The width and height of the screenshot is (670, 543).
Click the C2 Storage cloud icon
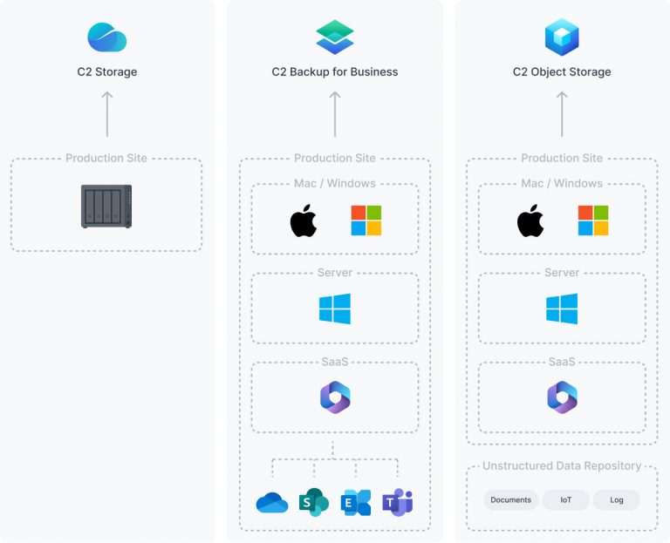pos(107,37)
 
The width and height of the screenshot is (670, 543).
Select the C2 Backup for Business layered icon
pos(335,37)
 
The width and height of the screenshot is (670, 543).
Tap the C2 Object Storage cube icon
pos(562,37)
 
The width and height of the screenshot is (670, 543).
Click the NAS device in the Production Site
pos(106,207)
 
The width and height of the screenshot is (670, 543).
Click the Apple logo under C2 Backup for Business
pos(304,221)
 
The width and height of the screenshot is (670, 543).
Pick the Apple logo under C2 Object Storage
pos(530,221)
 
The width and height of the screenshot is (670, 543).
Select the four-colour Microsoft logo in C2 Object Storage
pos(593,221)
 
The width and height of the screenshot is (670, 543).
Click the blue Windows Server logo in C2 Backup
pos(335,309)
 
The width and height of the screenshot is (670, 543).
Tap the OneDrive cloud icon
pos(272,503)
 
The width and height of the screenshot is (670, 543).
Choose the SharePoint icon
pos(313,503)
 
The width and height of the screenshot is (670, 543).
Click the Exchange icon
pos(356,503)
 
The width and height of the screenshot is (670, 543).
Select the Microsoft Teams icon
pos(398,503)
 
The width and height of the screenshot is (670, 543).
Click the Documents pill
pos(511,499)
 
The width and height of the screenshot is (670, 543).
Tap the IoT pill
pos(565,499)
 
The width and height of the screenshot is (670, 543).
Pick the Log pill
pos(616,499)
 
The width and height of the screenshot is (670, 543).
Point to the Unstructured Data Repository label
pos(562,466)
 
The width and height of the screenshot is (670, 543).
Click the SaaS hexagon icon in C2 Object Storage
pos(562,397)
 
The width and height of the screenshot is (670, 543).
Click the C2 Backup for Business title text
pos(335,72)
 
